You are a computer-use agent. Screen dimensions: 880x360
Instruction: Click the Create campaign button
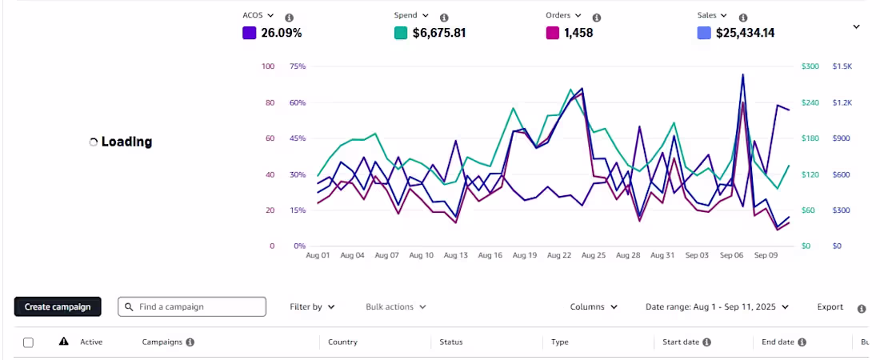(x=58, y=306)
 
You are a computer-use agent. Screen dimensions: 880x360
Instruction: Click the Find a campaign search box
(x=192, y=306)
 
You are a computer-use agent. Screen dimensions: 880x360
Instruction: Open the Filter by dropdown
(x=312, y=306)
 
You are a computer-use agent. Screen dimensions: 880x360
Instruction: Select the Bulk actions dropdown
(x=396, y=306)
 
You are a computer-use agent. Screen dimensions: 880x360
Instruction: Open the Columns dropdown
(x=594, y=306)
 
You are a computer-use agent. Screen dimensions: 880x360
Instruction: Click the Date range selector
(x=718, y=306)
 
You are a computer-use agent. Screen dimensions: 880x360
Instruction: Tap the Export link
(x=830, y=306)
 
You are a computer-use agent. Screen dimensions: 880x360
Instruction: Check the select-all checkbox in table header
(x=28, y=342)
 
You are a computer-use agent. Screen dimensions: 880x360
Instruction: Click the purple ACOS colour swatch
(x=249, y=33)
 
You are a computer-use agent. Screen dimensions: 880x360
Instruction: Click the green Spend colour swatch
(x=401, y=33)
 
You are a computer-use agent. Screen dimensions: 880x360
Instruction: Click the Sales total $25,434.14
(x=746, y=33)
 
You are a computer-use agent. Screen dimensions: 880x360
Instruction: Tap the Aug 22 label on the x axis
(x=559, y=255)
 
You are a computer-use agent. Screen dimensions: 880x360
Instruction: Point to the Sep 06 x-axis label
(x=731, y=255)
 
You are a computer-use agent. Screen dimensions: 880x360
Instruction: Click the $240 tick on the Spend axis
(x=810, y=102)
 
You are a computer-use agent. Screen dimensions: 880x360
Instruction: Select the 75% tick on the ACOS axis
(x=298, y=66)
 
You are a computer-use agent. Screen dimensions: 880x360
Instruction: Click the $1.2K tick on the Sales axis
(x=842, y=102)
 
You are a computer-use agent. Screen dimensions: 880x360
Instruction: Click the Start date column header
(x=683, y=342)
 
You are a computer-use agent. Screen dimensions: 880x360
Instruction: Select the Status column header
(x=451, y=342)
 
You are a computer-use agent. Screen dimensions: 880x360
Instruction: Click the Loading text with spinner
(x=121, y=142)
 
